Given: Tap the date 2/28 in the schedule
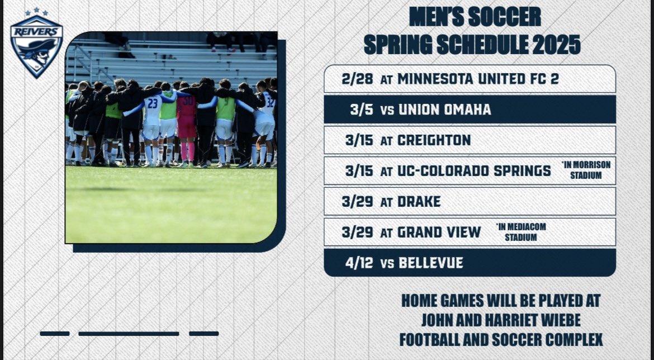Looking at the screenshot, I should (357, 79).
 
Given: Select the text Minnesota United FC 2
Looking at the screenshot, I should (478, 79).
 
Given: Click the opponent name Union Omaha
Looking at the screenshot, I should (444, 110).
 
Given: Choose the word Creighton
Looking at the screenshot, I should (434, 140).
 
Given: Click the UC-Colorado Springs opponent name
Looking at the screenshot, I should (474, 171).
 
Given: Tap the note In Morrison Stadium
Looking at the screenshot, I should (585, 170).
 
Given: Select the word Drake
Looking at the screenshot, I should (419, 201).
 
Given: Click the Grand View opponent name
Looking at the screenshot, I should (439, 232).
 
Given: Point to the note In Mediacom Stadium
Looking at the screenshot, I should (520, 231).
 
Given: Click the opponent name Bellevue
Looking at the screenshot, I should (430, 263).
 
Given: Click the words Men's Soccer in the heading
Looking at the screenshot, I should (475, 17).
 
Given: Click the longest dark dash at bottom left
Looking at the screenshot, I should (129, 334).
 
